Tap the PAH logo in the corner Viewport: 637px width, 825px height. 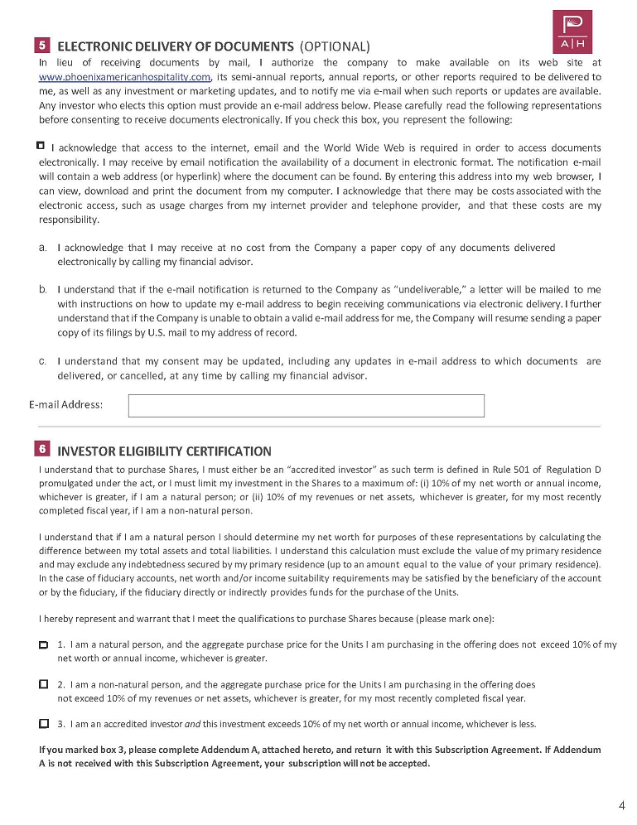pos(572,32)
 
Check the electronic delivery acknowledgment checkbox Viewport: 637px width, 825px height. pos(41,146)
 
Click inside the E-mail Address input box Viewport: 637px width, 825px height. pos(306,406)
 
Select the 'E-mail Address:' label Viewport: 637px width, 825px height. pos(65,405)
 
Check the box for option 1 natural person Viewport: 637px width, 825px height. pos(43,644)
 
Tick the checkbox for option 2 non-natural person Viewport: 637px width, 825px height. pos(43,685)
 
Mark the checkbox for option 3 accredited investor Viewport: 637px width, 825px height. pos(43,723)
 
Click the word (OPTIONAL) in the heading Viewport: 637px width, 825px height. pos(335,46)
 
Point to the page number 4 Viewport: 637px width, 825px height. pos(621,805)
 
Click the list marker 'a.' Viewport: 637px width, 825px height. pos(42,247)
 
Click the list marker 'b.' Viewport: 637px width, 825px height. pos(42,289)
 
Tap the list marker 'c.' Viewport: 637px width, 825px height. pos(42,361)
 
